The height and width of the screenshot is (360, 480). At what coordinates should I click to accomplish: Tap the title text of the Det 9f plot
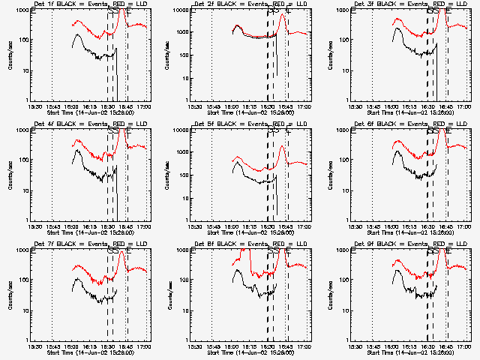[x=402, y=244]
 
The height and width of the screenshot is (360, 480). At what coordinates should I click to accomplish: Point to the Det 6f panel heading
[x=402, y=124]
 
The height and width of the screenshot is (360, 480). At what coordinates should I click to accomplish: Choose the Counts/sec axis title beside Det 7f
[x=8, y=295]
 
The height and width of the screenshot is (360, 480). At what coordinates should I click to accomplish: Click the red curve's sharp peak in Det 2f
[x=282, y=15]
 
